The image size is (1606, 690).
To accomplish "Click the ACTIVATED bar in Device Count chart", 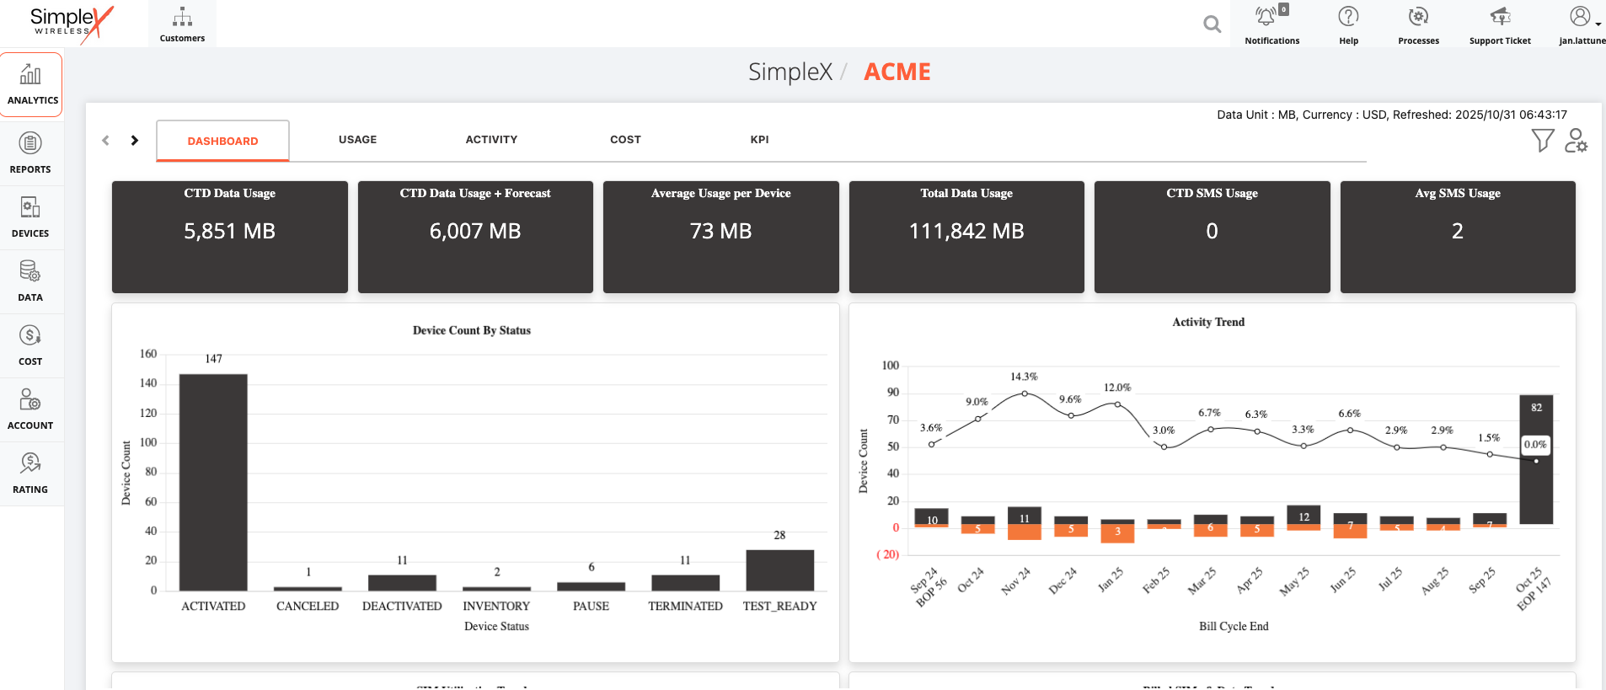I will [x=213, y=482].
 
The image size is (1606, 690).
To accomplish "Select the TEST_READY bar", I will [x=779, y=570].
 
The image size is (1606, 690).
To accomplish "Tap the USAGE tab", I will [x=357, y=140].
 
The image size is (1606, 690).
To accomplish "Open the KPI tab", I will [x=759, y=140].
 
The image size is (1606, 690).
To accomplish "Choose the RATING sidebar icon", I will [x=30, y=473].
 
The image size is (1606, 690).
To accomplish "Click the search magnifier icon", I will [x=1212, y=24].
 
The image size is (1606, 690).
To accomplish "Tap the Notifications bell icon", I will [x=1266, y=17].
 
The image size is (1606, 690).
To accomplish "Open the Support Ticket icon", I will [x=1500, y=17].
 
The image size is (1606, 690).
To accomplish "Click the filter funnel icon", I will [x=1542, y=140].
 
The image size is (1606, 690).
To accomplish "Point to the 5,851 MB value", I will [x=229, y=231].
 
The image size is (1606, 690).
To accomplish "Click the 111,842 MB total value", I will [x=966, y=231].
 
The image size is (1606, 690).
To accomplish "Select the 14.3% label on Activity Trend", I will [x=1024, y=377].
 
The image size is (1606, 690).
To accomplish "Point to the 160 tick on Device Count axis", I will [x=148, y=354].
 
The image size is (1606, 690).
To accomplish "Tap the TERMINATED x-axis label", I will [x=685, y=606].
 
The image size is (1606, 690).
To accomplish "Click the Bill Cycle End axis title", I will [x=1233, y=626].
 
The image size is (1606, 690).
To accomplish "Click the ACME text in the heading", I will [x=897, y=72].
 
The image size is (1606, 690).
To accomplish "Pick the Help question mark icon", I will [x=1348, y=17].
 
